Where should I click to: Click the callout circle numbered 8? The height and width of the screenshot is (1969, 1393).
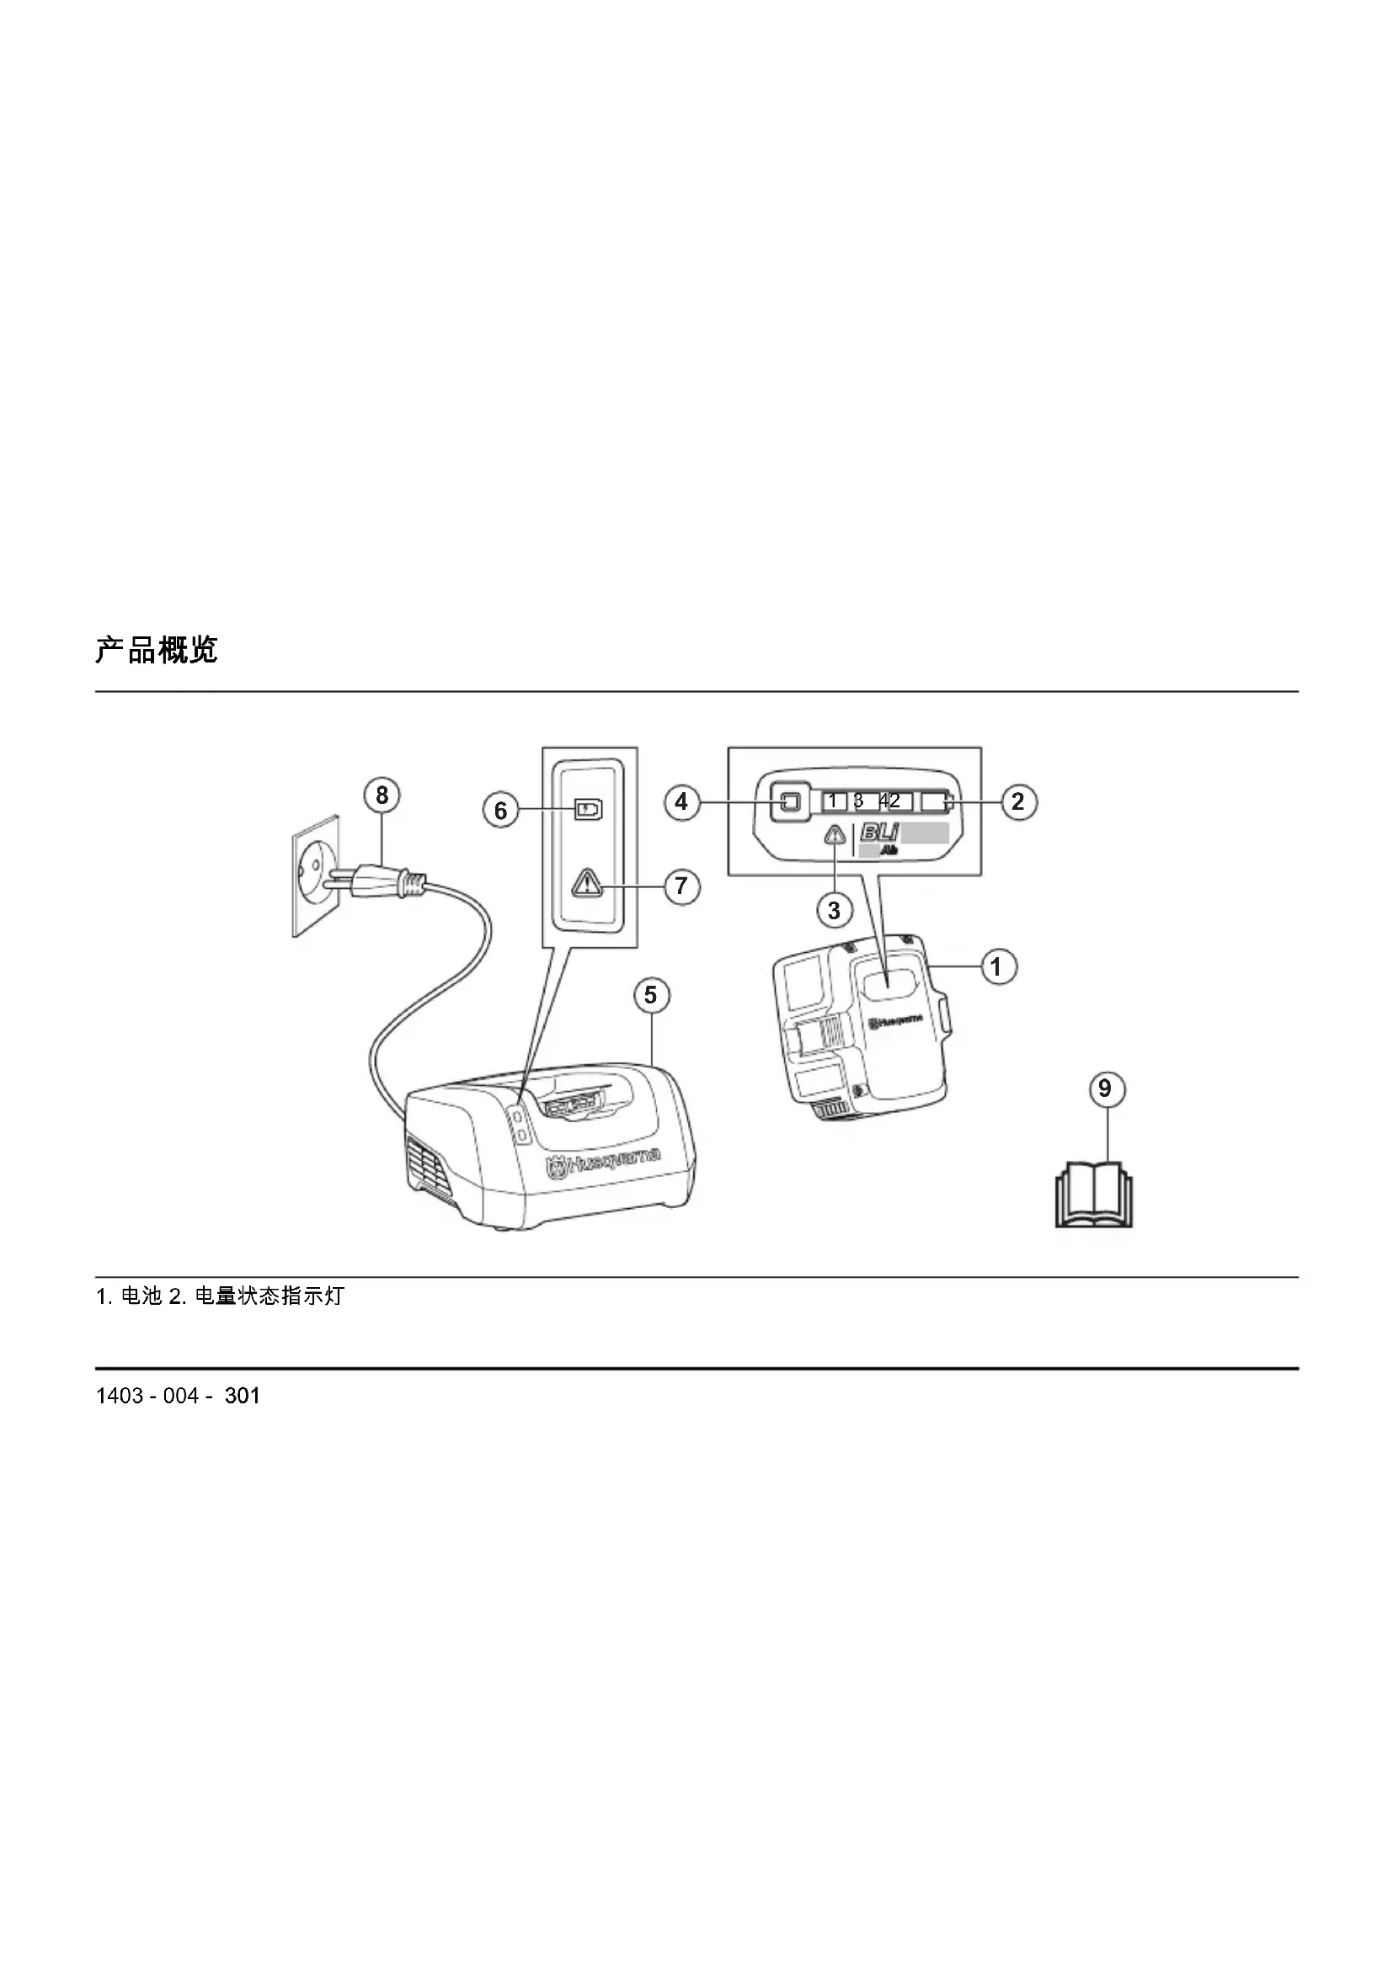pyautogui.click(x=382, y=795)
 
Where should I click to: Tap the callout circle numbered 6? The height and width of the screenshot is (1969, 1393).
pyautogui.click(x=501, y=811)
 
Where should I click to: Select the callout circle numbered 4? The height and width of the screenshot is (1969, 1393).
pyautogui.click(x=681, y=802)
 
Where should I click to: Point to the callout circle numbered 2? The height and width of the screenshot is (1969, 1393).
pyautogui.click(x=1017, y=802)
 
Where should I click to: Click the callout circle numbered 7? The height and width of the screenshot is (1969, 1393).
pyautogui.click(x=681, y=885)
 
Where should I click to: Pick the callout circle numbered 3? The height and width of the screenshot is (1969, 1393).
pyautogui.click(x=834, y=909)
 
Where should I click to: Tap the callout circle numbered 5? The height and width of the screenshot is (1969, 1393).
pyautogui.click(x=650, y=995)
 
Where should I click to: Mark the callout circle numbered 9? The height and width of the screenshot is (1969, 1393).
pyautogui.click(x=1105, y=1088)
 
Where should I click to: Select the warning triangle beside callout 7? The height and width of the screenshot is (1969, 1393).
pyautogui.click(x=588, y=882)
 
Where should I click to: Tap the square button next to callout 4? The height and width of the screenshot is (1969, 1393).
pyautogui.click(x=790, y=802)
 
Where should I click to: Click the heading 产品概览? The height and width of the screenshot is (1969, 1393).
pyautogui.click(x=156, y=650)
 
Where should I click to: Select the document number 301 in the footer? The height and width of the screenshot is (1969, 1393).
pyautogui.click(x=242, y=1396)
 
